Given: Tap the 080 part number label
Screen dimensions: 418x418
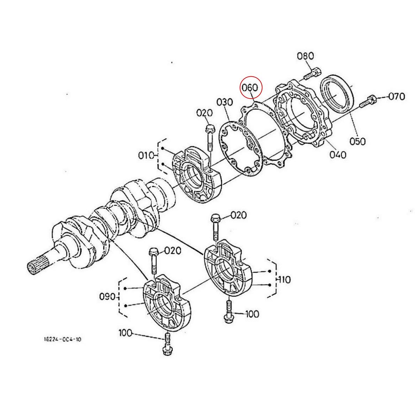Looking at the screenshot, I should [305, 56].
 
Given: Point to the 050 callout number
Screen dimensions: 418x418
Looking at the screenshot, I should [358, 141].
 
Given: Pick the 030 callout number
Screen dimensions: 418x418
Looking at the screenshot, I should [224, 102].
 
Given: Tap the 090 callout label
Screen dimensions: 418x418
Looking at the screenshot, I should [107, 297].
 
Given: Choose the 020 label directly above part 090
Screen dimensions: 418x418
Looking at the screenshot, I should [173, 250].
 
